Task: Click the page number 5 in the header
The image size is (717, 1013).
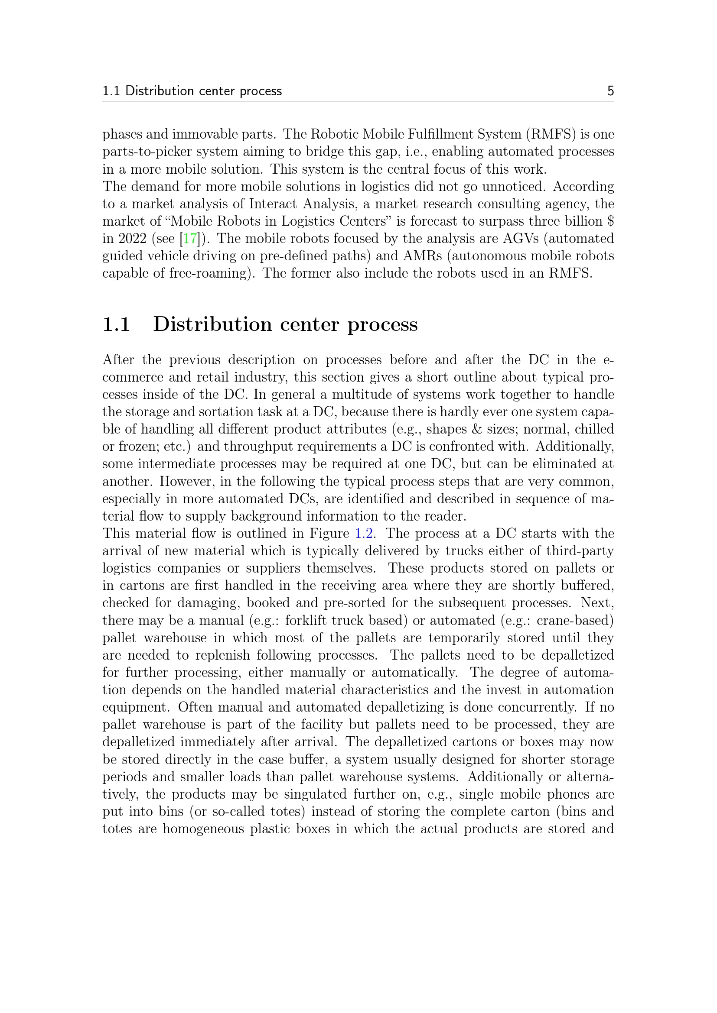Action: pyautogui.click(x=610, y=91)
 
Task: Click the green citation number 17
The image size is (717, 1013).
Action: pyautogui.click(x=190, y=239)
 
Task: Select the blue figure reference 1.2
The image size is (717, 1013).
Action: pyautogui.click(x=365, y=534)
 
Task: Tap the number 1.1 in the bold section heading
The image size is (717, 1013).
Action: pyautogui.click(x=116, y=324)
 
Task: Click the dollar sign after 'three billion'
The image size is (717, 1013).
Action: pyautogui.click(x=611, y=221)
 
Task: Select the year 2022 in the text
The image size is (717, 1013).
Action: pyautogui.click(x=132, y=239)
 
